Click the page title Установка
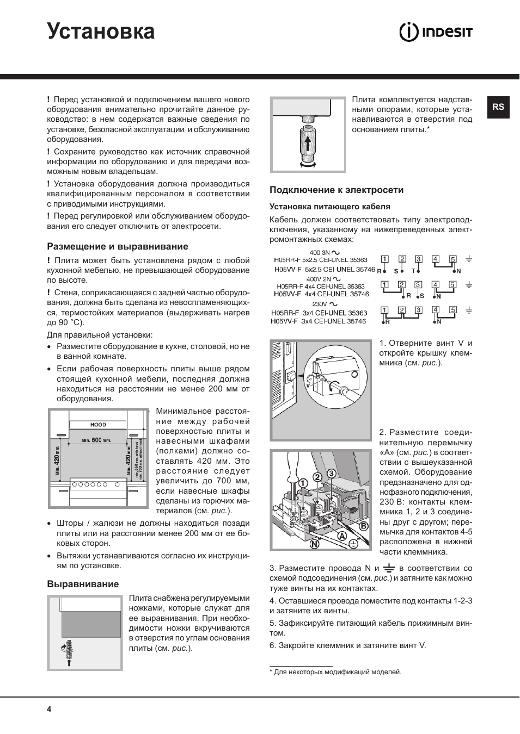[x=101, y=32]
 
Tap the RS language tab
[x=498, y=107]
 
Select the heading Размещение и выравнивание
[x=117, y=246]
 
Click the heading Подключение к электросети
[x=337, y=190]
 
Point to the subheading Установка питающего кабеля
[x=330, y=207]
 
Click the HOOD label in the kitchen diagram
[x=98, y=425]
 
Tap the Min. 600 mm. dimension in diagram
[x=96, y=440]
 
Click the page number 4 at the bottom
[x=49, y=709]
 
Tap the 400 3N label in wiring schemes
[x=320, y=252]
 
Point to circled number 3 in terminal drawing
[x=331, y=474]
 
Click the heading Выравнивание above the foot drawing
[x=83, y=584]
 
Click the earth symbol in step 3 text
[x=389, y=568]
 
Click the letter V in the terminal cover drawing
[x=307, y=384]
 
